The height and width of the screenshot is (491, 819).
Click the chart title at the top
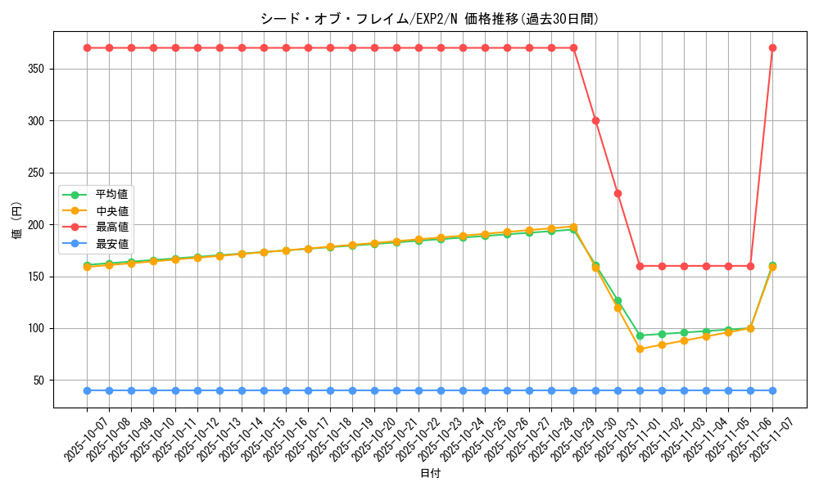(x=429, y=19)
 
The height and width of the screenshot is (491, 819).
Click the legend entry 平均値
(x=112, y=195)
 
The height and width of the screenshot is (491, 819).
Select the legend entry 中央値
(x=112, y=211)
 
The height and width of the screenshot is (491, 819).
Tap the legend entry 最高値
(x=112, y=227)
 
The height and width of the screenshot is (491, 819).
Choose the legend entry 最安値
(x=112, y=243)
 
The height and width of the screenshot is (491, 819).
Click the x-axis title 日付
(x=429, y=474)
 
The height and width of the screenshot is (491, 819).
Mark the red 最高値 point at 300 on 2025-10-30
(x=595, y=120)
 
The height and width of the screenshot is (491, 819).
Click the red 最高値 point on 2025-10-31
(x=618, y=193)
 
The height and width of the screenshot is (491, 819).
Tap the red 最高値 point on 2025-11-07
(x=772, y=47)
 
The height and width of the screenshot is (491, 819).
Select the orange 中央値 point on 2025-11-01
(x=640, y=349)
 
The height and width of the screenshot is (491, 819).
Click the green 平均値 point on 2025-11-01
(x=640, y=336)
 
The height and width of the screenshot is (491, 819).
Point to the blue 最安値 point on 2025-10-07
(x=87, y=390)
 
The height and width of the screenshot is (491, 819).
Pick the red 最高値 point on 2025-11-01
(x=640, y=266)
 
